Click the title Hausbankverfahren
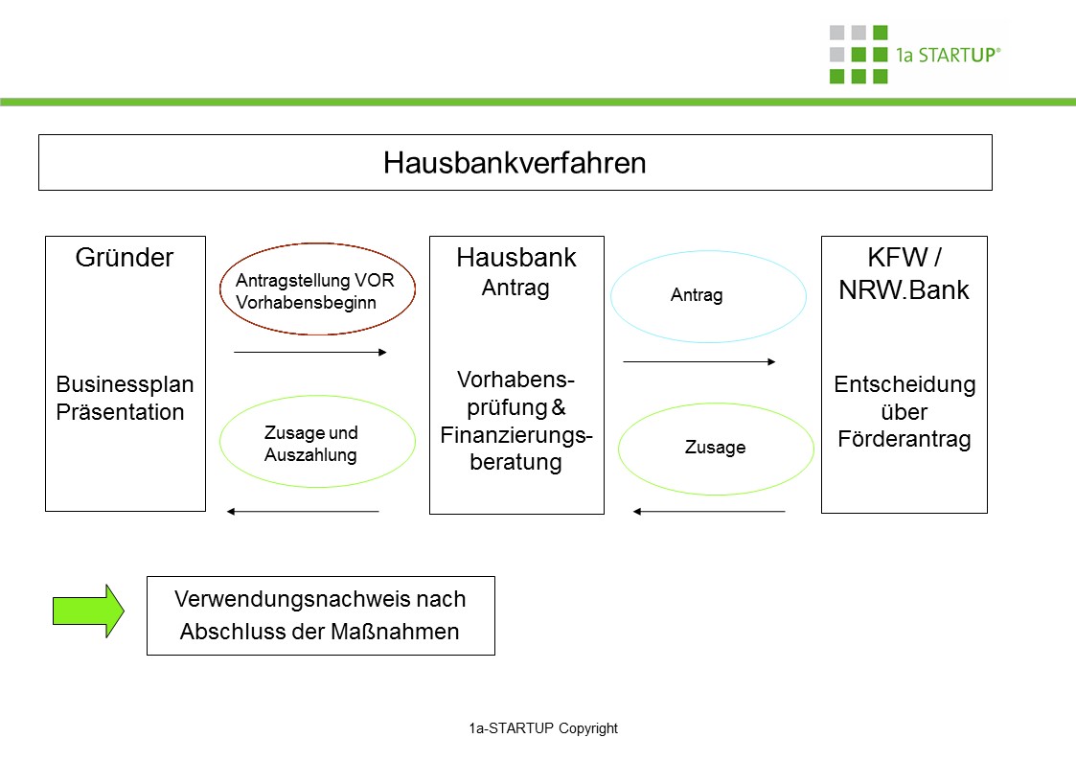(x=515, y=163)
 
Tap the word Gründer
(x=125, y=258)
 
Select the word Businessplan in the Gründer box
(x=125, y=385)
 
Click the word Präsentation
(x=119, y=413)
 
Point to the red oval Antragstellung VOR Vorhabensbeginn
(x=317, y=289)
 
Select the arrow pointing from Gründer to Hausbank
(x=309, y=353)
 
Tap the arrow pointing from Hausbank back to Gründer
(x=303, y=512)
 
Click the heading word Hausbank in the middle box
(x=516, y=258)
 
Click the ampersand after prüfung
(x=560, y=407)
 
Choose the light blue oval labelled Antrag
(x=708, y=296)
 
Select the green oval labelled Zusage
(x=715, y=448)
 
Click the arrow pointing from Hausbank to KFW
(x=699, y=362)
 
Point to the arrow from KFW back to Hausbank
(x=709, y=512)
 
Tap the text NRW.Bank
(x=904, y=290)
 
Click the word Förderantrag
(x=904, y=440)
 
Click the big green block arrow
(x=88, y=611)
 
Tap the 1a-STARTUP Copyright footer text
(x=543, y=728)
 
